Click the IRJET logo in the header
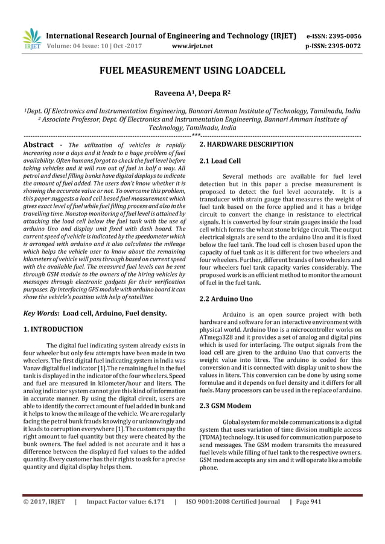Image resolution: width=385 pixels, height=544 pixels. click(31, 39)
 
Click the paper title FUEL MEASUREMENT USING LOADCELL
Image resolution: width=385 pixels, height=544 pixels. click(192, 71)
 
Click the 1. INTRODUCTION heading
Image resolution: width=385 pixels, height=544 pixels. click(52, 330)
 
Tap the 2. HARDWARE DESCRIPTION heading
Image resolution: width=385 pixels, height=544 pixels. click(246, 145)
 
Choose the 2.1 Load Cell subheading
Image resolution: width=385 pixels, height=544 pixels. click(220, 162)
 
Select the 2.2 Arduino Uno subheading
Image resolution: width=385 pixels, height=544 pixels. click(225, 299)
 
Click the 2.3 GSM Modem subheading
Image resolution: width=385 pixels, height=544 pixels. click(224, 405)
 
